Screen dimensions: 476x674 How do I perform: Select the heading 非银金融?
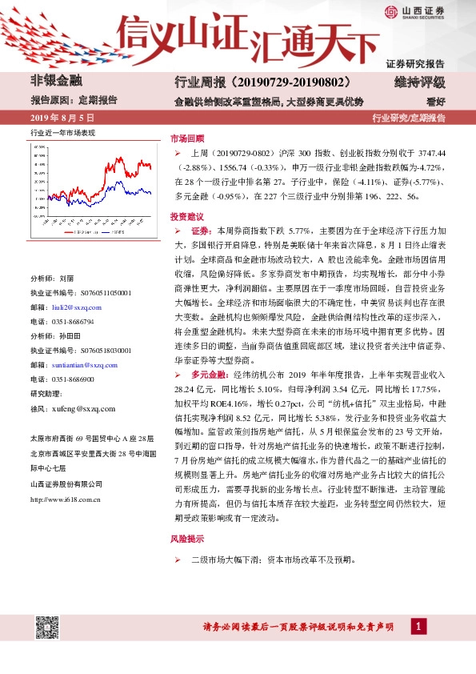click(x=56, y=80)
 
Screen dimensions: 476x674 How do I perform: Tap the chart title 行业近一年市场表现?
click(x=62, y=132)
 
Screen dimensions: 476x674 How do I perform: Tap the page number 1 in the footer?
click(x=418, y=625)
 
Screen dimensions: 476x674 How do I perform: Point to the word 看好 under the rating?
click(x=435, y=102)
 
